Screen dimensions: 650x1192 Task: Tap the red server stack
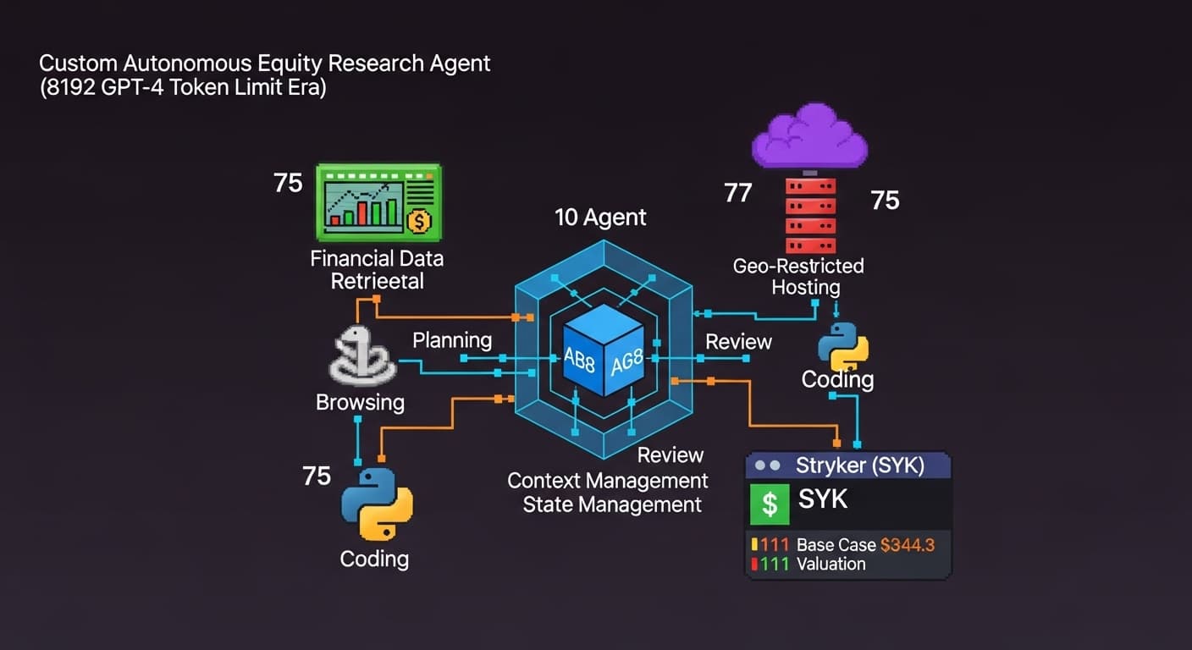pos(810,216)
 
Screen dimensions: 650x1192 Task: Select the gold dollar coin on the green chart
pos(418,221)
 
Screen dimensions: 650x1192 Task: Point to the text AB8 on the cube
pos(579,360)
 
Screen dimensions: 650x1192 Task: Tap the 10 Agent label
pos(600,218)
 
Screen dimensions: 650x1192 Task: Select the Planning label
pos(452,340)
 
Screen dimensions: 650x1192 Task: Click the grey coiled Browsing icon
pos(361,355)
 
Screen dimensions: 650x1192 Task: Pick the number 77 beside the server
pos(737,193)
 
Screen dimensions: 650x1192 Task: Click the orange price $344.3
pos(908,545)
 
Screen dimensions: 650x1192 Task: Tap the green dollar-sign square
pos(770,504)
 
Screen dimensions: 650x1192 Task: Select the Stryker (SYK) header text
pos(860,465)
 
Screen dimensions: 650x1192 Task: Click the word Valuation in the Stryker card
pos(831,564)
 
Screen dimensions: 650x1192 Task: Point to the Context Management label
pos(607,481)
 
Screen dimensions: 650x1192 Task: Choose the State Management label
pos(612,505)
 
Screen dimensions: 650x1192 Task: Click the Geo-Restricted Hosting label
pos(798,276)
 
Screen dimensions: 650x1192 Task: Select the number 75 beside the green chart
pos(288,183)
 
